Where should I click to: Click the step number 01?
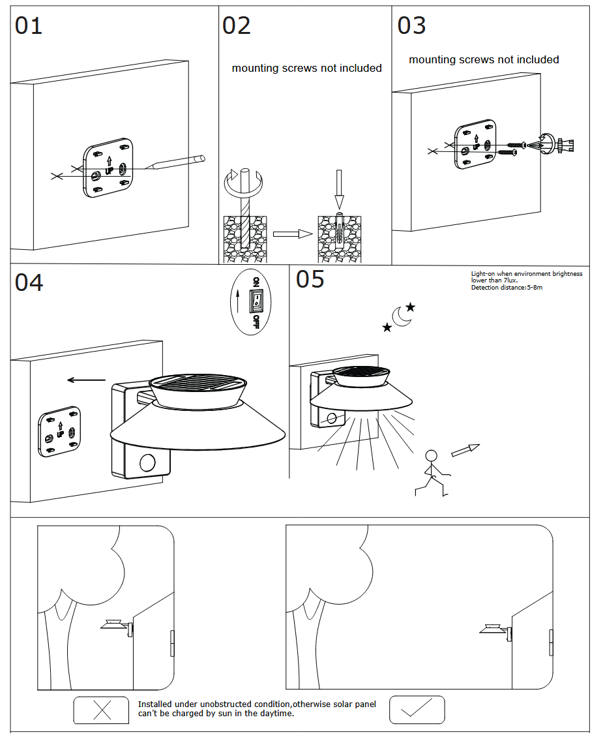click(29, 25)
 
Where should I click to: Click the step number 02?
click(236, 25)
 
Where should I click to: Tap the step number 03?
click(411, 25)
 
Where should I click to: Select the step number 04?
click(29, 282)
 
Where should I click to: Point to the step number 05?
click(310, 279)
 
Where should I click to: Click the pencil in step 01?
click(176, 162)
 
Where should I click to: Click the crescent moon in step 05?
click(402, 317)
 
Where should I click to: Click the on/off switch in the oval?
click(256, 301)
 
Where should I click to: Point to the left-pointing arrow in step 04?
click(86, 380)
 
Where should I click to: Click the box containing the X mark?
click(102, 710)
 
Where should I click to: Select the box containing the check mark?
click(417, 709)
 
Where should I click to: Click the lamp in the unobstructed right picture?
click(495, 629)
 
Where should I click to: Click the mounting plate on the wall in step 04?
click(60, 431)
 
